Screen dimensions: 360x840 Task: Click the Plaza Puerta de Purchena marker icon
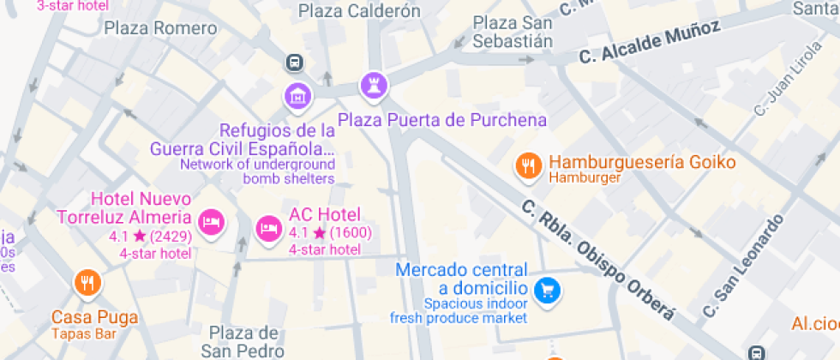click(374, 84)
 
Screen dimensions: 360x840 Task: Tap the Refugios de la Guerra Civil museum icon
click(297, 95)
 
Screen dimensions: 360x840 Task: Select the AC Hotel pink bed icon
click(268, 228)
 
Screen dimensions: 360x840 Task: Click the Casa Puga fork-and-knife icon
click(85, 282)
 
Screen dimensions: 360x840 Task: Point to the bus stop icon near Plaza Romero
click(294, 62)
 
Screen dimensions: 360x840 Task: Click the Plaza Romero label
click(160, 28)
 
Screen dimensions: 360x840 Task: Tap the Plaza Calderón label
click(359, 11)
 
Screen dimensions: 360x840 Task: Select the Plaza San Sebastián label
click(513, 31)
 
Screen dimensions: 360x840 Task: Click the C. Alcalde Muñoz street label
click(649, 43)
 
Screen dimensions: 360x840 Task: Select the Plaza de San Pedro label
click(243, 341)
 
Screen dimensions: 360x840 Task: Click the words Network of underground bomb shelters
click(257, 171)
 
